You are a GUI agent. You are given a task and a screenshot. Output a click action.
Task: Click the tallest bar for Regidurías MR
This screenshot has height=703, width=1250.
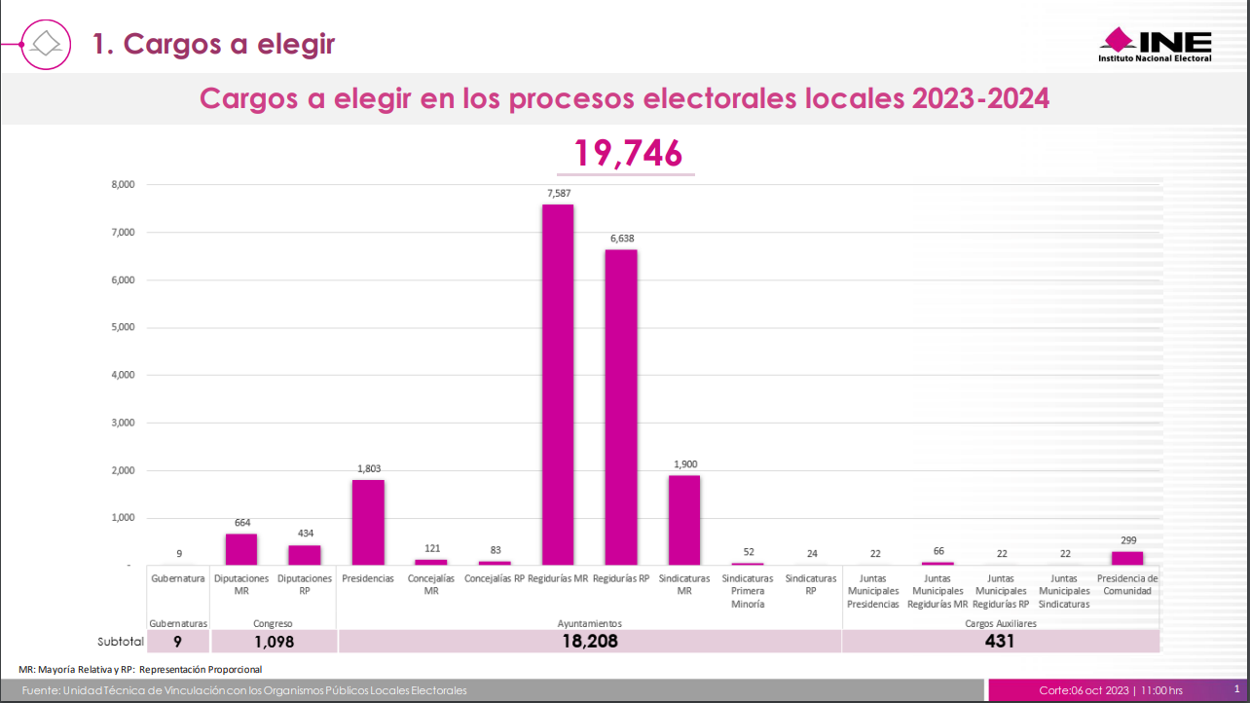(558, 385)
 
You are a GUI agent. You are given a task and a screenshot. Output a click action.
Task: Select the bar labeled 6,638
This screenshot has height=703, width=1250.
(621, 407)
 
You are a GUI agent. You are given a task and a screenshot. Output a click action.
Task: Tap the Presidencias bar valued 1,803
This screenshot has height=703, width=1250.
(368, 522)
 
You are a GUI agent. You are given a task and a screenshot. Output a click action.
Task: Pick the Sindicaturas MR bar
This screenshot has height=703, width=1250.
(684, 520)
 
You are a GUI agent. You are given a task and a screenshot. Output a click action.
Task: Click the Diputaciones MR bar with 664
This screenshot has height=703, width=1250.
(241, 549)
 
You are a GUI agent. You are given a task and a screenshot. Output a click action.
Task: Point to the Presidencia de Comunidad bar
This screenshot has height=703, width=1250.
(1127, 558)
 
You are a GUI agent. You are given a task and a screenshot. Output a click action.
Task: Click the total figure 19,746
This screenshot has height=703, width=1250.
(627, 153)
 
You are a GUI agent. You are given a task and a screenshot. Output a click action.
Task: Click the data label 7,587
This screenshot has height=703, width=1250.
(558, 194)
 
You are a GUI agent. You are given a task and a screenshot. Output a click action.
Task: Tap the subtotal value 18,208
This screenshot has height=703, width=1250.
(589, 642)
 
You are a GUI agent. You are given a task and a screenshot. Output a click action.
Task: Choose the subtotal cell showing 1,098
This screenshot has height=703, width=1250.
(274, 642)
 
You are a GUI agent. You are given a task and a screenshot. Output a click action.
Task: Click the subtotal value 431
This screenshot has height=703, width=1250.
(1000, 642)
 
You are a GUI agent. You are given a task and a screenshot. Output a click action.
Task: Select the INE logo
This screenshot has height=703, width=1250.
(1156, 45)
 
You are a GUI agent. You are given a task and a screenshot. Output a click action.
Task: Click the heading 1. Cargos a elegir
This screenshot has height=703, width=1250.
(214, 44)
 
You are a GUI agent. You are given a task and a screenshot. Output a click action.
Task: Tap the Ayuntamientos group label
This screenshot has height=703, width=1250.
(589, 623)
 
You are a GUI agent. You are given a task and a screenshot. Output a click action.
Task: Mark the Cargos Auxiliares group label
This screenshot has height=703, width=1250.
(1000, 623)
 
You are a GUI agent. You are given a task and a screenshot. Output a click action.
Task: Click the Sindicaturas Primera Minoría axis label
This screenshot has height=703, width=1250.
(748, 591)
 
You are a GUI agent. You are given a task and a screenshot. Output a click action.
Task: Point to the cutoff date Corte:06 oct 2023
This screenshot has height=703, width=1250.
(1084, 690)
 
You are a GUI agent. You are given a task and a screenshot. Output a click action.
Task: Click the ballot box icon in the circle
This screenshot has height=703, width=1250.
(47, 44)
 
